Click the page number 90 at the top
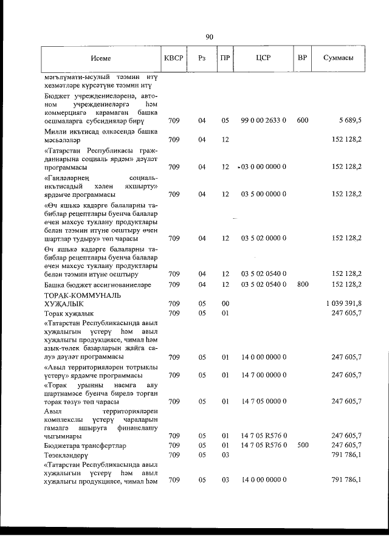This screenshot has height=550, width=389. (209, 37)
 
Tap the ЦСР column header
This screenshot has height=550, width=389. (263, 58)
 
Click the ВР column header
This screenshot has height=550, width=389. (302, 58)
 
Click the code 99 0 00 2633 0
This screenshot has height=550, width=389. (263, 120)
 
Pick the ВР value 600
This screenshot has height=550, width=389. (302, 120)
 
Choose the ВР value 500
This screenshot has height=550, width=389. (302, 445)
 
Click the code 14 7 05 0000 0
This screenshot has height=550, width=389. (263, 401)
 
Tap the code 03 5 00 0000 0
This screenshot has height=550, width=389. (263, 194)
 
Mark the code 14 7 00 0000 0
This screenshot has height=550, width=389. (263, 375)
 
